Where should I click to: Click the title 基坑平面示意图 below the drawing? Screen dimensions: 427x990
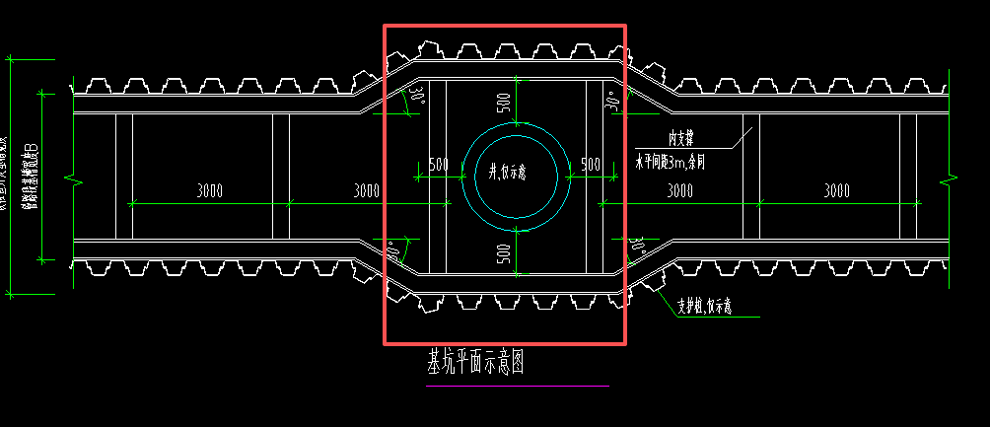point(473,363)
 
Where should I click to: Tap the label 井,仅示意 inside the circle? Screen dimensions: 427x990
point(508,172)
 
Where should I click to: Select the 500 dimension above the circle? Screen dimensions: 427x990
point(504,102)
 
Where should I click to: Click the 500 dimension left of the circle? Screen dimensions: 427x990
point(439,164)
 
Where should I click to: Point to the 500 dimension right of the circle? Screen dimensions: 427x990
point(591,164)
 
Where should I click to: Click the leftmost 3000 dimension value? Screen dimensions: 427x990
point(209,190)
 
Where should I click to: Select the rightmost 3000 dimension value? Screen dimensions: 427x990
point(837,190)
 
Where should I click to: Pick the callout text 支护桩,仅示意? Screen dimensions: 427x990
point(704,307)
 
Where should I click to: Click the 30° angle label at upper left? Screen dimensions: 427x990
point(417,97)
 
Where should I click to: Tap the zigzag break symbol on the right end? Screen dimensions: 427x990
point(948,181)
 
